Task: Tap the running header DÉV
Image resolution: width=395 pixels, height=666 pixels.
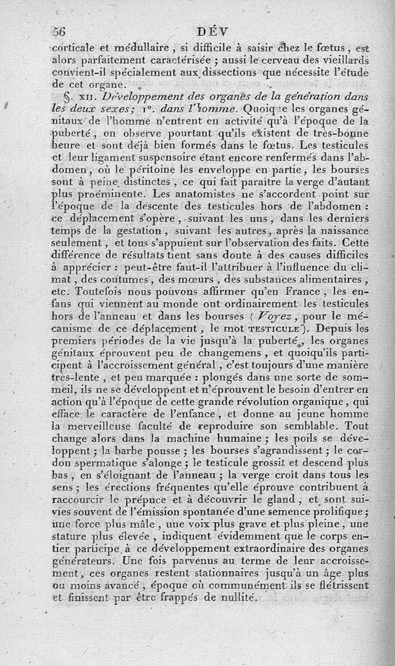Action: click(x=212, y=32)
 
